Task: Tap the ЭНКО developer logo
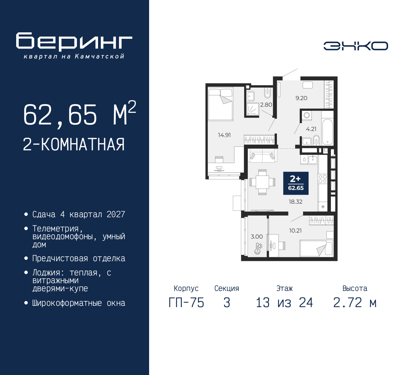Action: coord(355,46)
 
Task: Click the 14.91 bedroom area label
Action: coord(224,135)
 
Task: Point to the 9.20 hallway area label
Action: coord(301,98)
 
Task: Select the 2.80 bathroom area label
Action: coord(266,105)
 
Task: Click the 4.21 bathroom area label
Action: coord(311,129)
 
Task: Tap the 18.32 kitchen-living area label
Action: coord(296,202)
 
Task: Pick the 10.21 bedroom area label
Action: coord(295,230)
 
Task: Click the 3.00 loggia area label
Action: coord(257,237)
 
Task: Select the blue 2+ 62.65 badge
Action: coord(296,183)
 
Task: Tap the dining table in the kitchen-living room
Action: coord(262,182)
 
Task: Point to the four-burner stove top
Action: coord(322,179)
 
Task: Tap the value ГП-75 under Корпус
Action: coord(186,303)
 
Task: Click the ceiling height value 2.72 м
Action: coord(355,303)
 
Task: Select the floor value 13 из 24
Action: coord(284,303)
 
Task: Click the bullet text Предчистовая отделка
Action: coord(79,258)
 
